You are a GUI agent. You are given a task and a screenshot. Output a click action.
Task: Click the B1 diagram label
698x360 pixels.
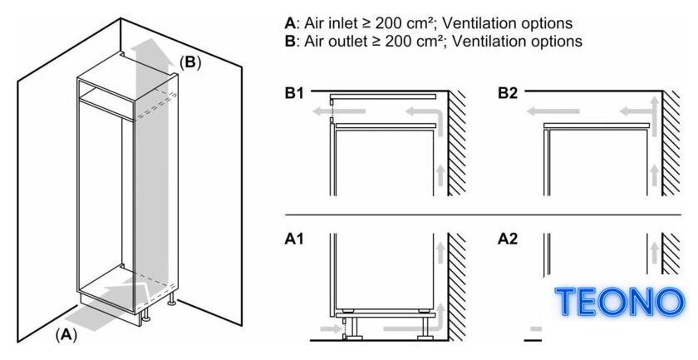294,94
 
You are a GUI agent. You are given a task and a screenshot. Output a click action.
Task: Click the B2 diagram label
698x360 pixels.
508,94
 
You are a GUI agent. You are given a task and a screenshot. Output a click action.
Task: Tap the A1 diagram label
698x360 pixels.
294,239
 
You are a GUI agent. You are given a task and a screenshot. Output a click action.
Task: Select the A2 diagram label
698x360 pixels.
508,239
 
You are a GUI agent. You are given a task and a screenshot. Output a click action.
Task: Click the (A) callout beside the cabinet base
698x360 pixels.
66,335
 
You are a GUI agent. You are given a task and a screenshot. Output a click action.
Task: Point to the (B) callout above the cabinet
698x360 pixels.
190,62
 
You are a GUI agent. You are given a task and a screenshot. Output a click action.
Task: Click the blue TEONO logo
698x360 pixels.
620,302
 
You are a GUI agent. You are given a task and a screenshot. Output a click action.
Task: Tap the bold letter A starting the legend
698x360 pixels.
290,22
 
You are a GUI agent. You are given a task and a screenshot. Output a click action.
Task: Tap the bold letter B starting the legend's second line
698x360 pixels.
290,41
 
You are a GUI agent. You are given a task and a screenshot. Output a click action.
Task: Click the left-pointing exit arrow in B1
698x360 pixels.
339,111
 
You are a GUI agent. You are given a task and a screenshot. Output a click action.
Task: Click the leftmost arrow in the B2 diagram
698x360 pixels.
553,111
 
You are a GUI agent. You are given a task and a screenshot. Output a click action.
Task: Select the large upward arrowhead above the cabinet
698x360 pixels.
152,54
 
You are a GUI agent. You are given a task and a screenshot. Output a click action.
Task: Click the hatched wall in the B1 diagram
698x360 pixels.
457,142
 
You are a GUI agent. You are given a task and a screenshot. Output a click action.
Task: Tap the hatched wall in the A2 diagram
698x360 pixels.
671,253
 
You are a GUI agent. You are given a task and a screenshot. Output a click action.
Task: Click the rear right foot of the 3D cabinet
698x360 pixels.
171,302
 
